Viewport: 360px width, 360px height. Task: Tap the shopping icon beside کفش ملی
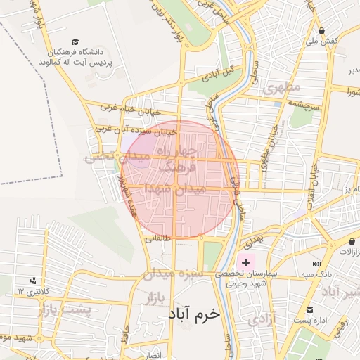[x=321, y=30]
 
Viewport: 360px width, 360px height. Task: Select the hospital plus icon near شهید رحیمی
[x=245, y=262]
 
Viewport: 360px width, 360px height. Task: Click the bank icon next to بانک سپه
[x=316, y=264]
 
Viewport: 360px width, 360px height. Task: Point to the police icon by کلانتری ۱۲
[x=32, y=281]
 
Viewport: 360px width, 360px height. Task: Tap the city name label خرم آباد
[x=195, y=316]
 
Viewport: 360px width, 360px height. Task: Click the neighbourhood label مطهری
[x=281, y=88]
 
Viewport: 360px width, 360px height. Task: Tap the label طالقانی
[x=157, y=238]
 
